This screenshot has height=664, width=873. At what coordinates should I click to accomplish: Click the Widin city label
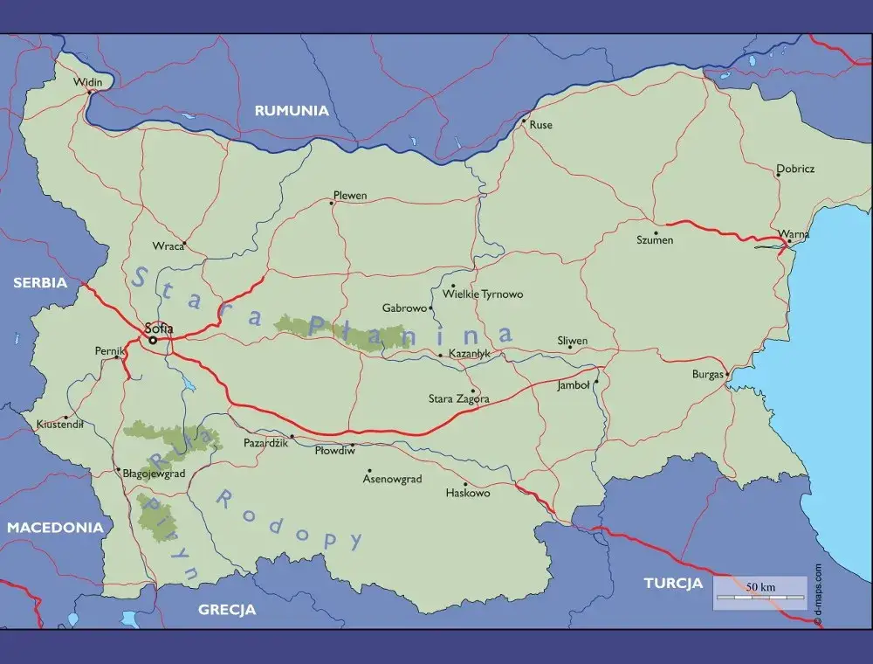pos(88,82)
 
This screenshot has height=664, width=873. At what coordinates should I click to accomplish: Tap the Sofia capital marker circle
pos(153,340)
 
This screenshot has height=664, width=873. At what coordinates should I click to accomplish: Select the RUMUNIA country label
pos(292,111)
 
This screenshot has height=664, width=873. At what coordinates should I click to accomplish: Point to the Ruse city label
pos(541,125)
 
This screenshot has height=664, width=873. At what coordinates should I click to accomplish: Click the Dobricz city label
pos(795,169)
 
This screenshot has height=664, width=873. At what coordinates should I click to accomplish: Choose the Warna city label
pos(794,235)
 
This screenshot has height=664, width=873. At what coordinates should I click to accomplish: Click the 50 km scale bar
pos(760,593)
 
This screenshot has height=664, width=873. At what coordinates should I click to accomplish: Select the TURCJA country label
pos(673,583)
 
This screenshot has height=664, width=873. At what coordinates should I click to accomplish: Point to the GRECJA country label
pos(227,610)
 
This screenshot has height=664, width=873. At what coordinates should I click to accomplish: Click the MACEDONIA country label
pos(56,528)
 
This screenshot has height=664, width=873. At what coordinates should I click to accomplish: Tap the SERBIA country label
pos(40,283)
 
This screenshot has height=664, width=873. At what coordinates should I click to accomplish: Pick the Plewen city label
pos(350,196)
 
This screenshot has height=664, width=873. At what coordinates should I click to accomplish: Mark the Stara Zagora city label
pos(459,399)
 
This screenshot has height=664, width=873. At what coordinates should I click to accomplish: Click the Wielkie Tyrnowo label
pos(483,294)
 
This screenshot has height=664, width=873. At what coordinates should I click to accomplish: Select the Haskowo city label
pos(468,494)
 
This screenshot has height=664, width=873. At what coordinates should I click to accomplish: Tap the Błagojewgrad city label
pos(155,473)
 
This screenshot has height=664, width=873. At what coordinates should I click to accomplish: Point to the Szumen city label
pos(655,240)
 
